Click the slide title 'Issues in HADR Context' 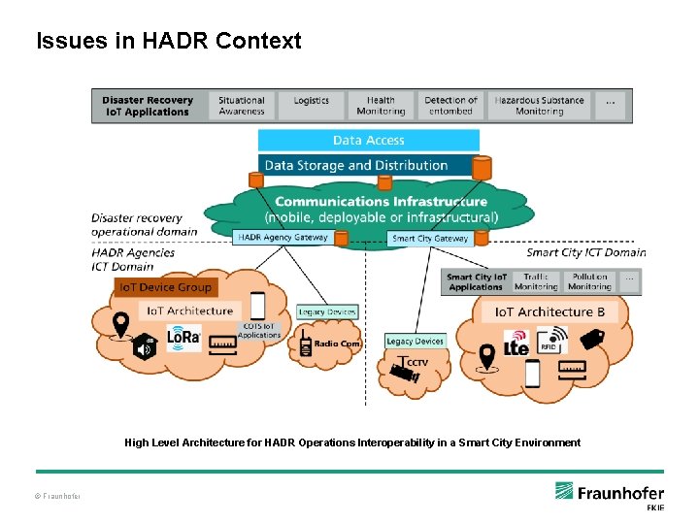pos(168,41)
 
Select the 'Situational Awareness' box pos(242,106)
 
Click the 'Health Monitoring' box pos(381,106)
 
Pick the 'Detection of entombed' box pos(450,106)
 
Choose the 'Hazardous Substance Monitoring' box pos(539,106)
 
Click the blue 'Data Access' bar pos(369,141)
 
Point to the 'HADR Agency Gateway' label pos(282,237)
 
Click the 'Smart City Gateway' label pos(430,238)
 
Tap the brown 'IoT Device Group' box pos(164,287)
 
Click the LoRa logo pos(183,338)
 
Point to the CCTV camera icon pos(406,368)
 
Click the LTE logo pos(516,343)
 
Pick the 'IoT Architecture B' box pos(549,311)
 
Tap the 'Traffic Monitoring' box pos(536,281)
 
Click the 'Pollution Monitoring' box pos(589,281)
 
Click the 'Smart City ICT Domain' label pos(585,252)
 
